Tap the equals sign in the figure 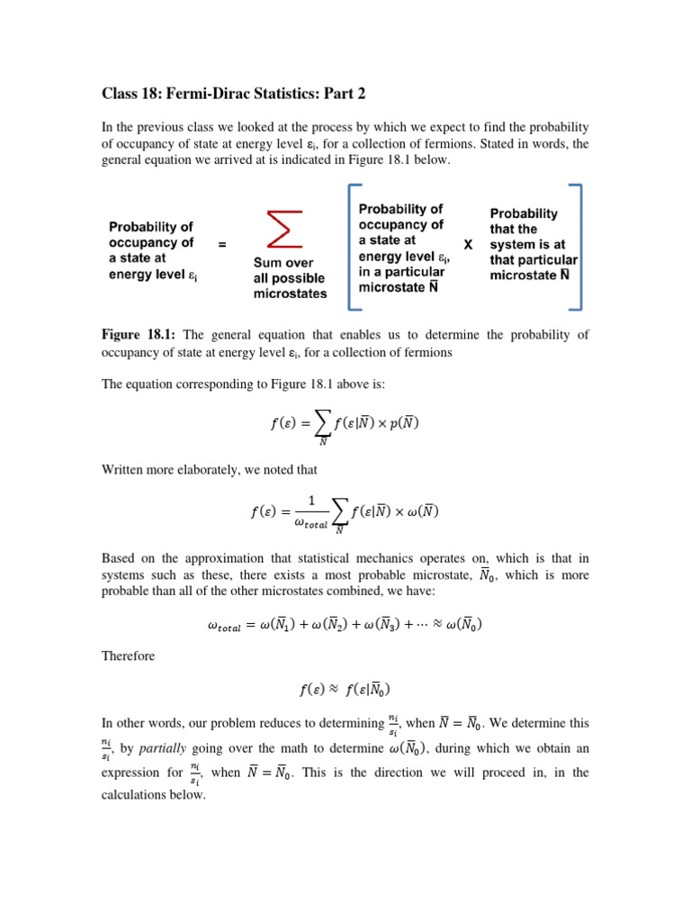pyautogui.click(x=222, y=244)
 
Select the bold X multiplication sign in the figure pyautogui.click(x=468, y=244)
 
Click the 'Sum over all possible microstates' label pyautogui.click(x=290, y=278)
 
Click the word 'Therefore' pyautogui.click(x=128, y=656)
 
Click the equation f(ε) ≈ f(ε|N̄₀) pyautogui.click(x=345, y=691)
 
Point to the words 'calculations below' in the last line pyautogui.click(x=154, y=795)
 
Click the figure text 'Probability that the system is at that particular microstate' pyautogui.click(x=532, y=244)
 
